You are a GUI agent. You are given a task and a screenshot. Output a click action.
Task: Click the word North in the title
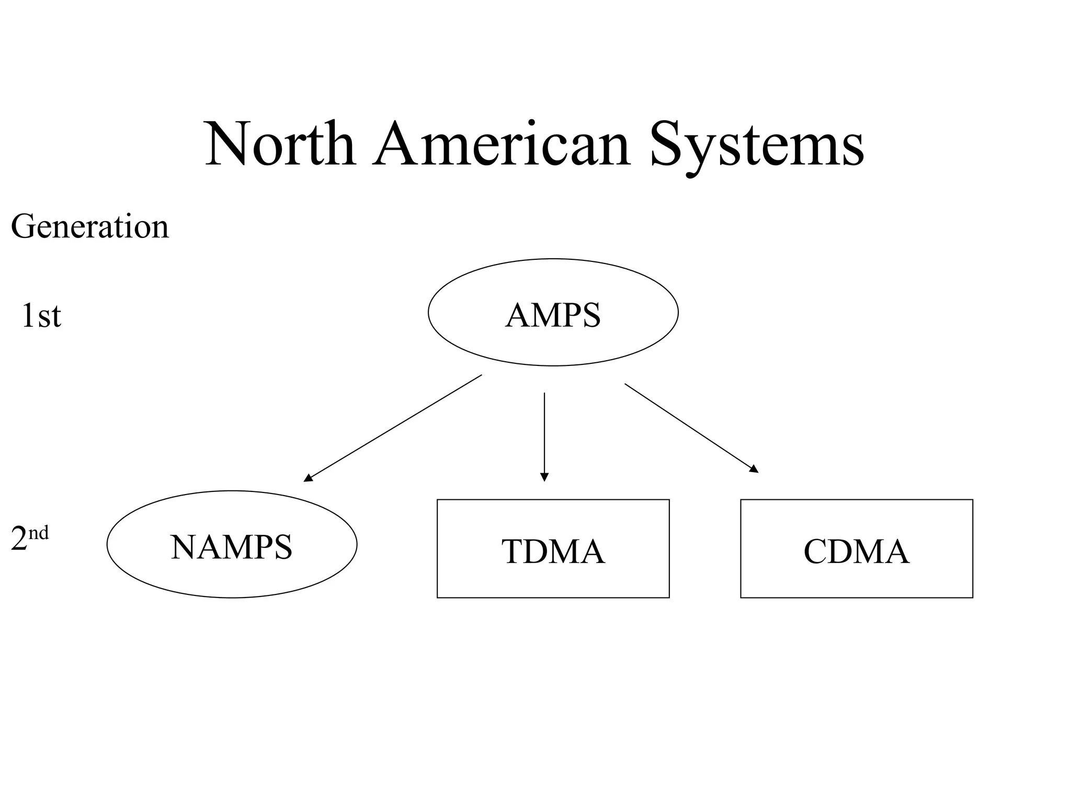(x=280, y=144)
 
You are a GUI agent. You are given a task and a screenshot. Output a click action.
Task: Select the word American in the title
(x=501, y=144)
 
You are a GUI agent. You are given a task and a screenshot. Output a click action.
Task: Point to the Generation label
(x=90, y=227)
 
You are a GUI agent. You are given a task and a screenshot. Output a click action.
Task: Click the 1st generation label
(x=41, y=316)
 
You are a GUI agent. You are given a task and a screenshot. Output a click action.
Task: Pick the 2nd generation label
(x=29, y=538)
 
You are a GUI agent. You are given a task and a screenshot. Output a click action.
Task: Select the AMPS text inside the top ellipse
(x=553, y=315)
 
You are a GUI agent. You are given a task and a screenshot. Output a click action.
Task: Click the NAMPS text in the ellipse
(x=231, y=547)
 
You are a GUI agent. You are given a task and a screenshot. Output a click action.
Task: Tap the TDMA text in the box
(x=553, y=552)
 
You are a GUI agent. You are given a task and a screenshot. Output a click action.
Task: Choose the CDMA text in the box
(x=856, y=552)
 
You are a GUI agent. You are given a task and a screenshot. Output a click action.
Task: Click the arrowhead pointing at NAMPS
(x=308, y=477)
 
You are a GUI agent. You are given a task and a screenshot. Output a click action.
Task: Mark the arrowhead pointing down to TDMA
(x=544, y=476)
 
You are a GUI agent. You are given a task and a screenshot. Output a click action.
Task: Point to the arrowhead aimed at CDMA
(x=754, y=469)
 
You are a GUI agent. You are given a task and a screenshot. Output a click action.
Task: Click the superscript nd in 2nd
(x=38, y=533)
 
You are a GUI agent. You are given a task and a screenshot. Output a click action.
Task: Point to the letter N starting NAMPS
(x=182, y=547)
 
